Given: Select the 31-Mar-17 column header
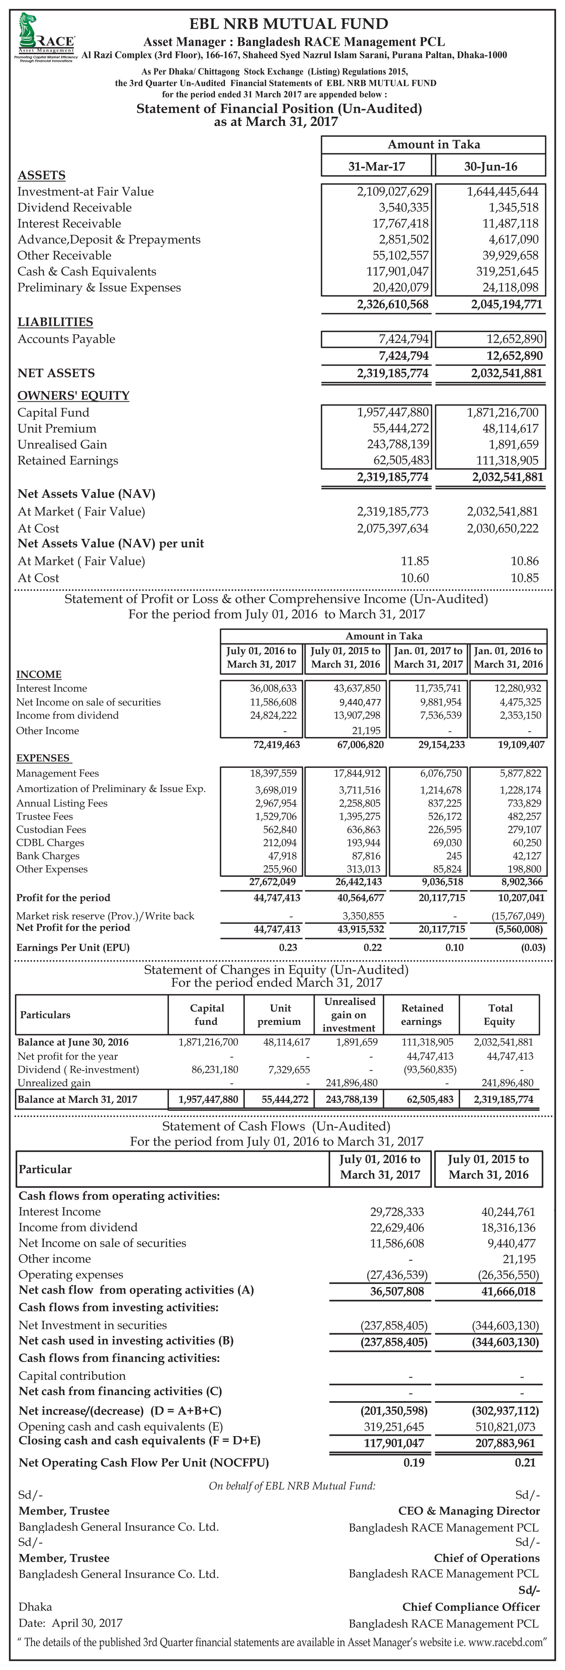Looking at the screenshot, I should (377, 167).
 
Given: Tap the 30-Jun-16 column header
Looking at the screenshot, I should (491, 167).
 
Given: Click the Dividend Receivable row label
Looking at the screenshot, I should (74, 207).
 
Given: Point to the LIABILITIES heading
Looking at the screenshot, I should (55, 322).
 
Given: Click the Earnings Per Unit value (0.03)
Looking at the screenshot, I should (533, 947).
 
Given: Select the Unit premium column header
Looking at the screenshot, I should (280, 1015).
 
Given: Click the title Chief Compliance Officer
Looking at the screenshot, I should (471, 1607).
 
